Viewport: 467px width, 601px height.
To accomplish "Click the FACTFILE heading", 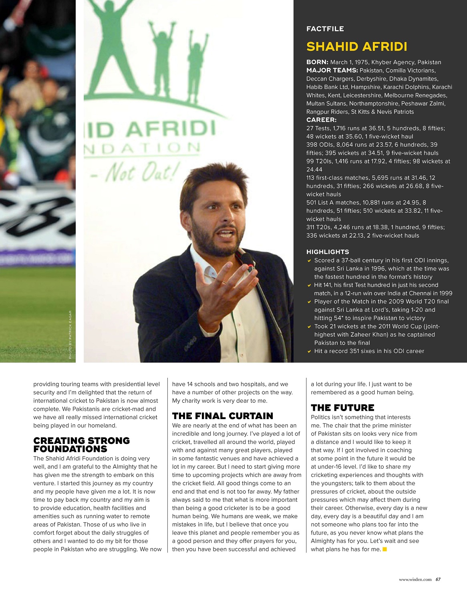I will [325, 29].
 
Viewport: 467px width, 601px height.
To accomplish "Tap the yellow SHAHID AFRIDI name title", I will [356, 46].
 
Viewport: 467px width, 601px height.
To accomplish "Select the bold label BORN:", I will [317, 62].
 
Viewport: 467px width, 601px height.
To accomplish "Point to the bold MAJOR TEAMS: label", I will [332, 71].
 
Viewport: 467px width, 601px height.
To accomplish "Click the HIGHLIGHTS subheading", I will [327, 252].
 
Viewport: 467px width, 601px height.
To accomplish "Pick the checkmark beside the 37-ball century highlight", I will [309, 261].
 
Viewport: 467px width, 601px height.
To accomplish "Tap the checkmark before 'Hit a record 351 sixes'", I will [309, 351].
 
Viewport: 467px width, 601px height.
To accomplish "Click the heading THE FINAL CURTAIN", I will [222, 416].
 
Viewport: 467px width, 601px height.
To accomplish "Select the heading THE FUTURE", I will [342, 408].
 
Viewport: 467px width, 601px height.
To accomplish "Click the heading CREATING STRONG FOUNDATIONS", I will [81, 445].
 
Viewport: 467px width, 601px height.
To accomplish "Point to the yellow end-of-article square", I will [385, 549].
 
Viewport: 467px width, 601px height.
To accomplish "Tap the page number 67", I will [438, 579].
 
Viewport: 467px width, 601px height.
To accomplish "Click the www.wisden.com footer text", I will [415, 579].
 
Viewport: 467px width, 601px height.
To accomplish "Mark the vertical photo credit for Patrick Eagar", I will [70, 335].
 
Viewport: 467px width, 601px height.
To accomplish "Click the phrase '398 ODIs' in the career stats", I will [319, 145].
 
